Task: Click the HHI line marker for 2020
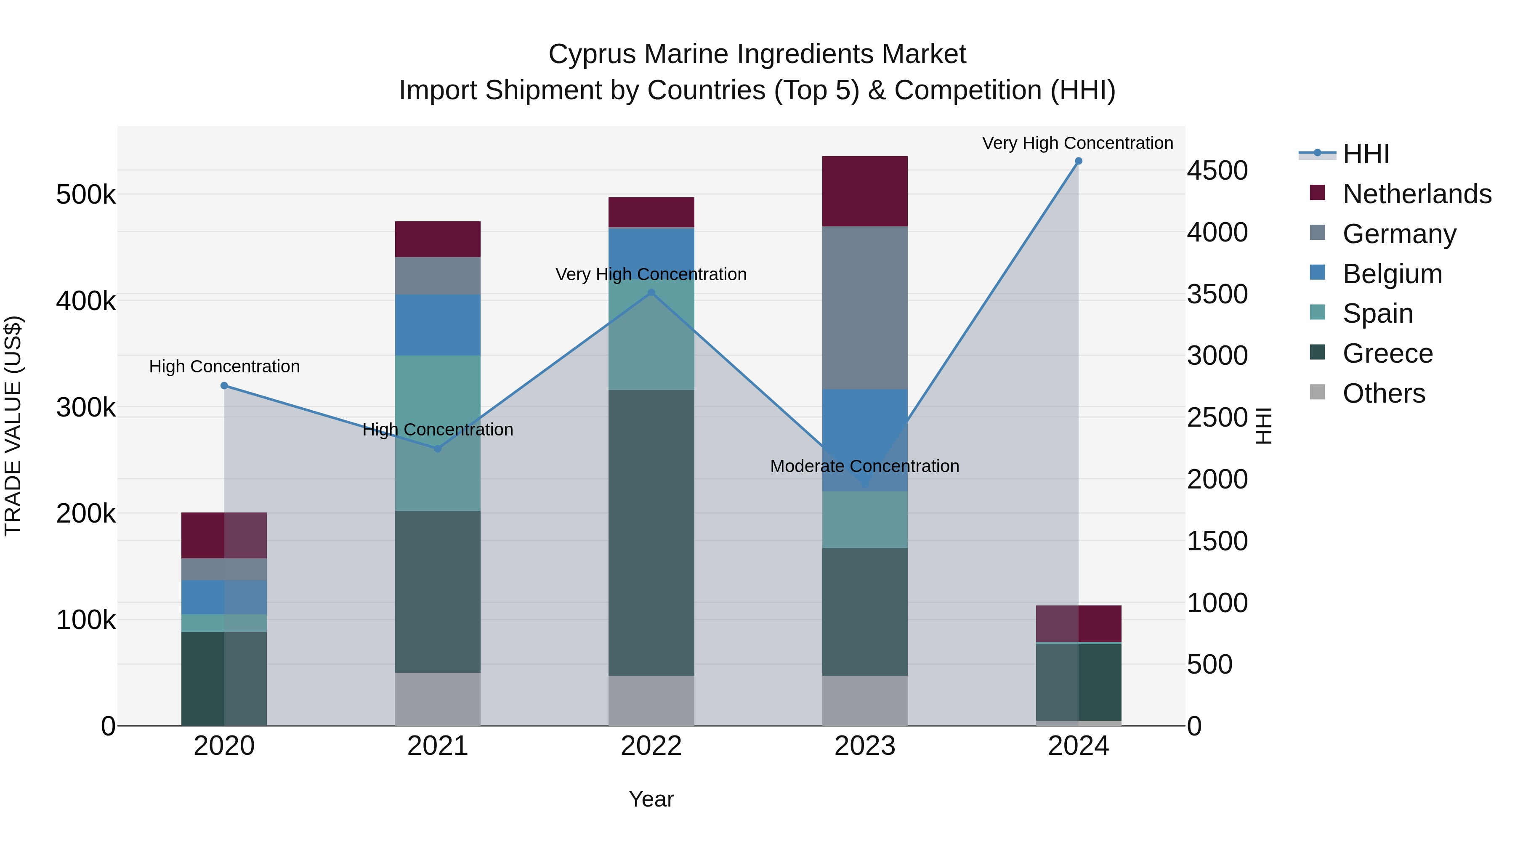click(x=224, y=386)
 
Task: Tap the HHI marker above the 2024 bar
click(x=1078, y=161)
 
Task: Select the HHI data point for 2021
click(x=438, y=449)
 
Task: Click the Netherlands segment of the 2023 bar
click(x=864, y=191)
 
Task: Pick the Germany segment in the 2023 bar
click(x=864, y=308)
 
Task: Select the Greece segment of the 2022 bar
click(x=651, y=532)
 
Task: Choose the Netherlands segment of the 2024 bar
click(x=1078, y=623)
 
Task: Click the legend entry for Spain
click(x=1377, y=313)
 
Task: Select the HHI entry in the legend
click(x=1366, y=154)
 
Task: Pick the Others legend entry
click(x=1383, y=393)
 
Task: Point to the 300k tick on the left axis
click(x=86, y=407)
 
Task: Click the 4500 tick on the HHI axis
click(x=1217, y=170)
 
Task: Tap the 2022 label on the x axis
click(x=651, y=746)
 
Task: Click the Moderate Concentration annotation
click(x=864, y=466)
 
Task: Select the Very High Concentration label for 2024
click(x=1077, y=143)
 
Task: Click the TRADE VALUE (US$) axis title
click(x=13, y=426)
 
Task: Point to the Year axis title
click(x=651, y=799)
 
